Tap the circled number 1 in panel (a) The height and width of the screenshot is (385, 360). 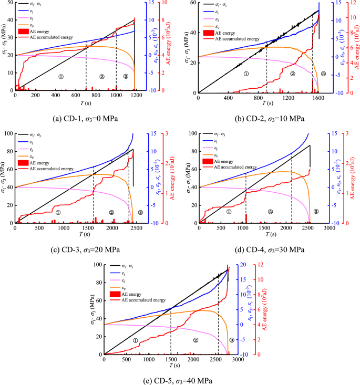[x=61, y=77]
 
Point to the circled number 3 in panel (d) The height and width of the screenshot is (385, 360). [x=315, y=211]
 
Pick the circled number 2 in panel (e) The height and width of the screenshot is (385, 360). [x=196, y=340]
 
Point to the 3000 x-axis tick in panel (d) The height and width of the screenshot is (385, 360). [x=329, y=228]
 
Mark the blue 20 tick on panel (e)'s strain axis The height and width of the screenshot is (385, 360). [x=243, y=265]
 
